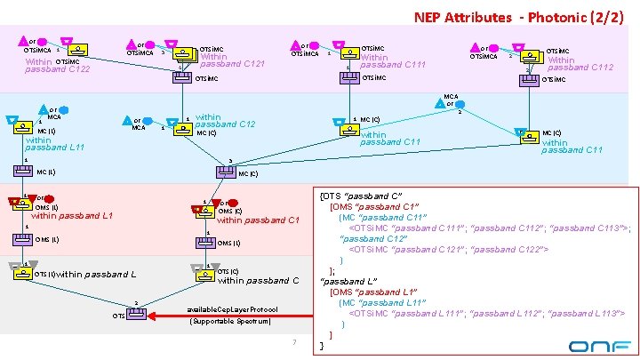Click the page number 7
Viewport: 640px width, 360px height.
click(x=292, y=342)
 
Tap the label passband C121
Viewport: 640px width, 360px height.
click(x=234, y=63)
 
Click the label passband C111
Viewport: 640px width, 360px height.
click(x=394, y=63)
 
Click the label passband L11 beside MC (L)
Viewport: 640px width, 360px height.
click(x=54, y=147)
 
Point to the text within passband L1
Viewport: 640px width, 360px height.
click(x=72, y=216)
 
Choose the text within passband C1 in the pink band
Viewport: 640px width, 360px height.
click(x=257, y=220)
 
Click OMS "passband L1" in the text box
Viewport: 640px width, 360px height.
click(x=374, y=292)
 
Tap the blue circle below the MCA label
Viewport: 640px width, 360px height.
click(x=64, y=109)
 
